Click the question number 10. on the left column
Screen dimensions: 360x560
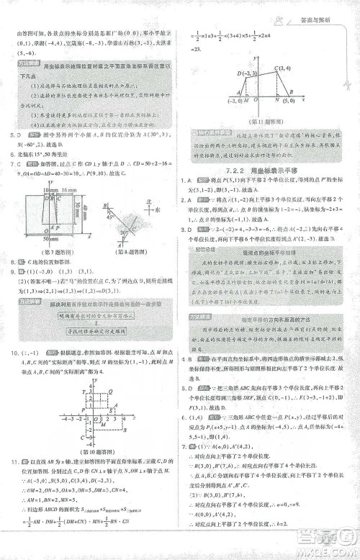tap(12, 353)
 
